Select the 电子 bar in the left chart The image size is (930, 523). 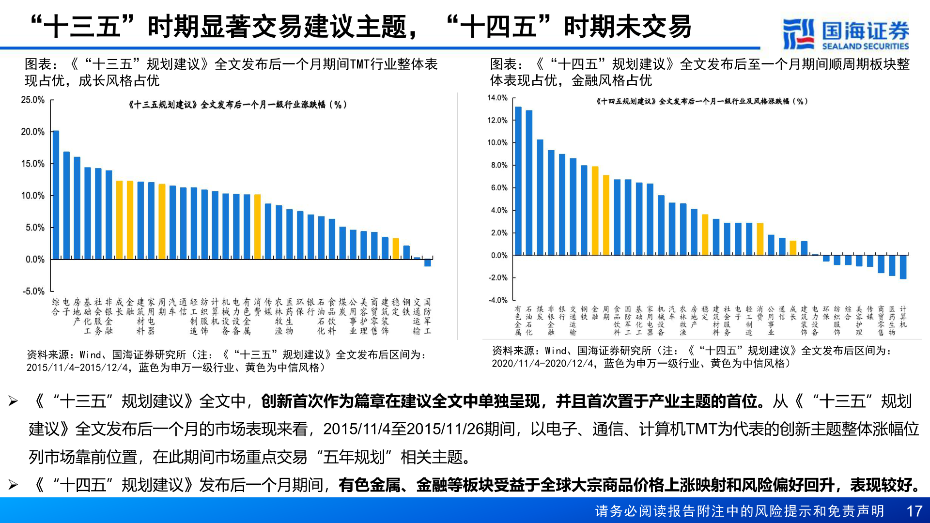click(66, 205)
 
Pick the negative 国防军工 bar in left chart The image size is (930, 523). click(427, 262)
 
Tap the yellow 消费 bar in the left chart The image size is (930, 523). click(257, 226)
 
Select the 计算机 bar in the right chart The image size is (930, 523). click(903, 267)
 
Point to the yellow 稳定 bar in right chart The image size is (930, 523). click(705, 234)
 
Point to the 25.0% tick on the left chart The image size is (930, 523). click(32, 100)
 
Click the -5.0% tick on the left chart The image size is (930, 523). click(33, 291)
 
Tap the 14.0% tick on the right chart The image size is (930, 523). click(497, 98)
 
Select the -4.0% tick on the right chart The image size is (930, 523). click(497, 300)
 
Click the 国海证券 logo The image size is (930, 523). click(846, 34)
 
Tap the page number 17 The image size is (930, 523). click(914, 511)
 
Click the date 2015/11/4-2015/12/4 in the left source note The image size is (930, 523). click(77, 368)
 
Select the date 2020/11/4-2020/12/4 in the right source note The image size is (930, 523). click(543, 363)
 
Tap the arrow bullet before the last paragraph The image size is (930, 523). click(13, 484)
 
